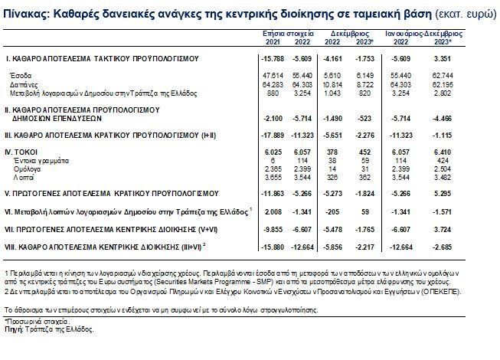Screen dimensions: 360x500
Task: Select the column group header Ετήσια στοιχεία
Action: (279, 35)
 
